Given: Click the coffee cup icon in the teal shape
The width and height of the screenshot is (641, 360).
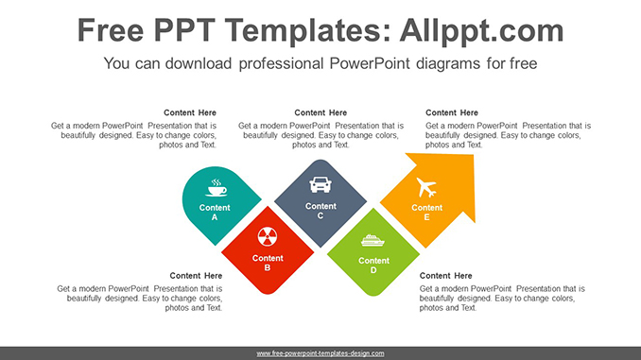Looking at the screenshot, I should [x=216, y=186].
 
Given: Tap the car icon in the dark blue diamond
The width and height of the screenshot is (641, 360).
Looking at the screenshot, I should [x=320, y=184].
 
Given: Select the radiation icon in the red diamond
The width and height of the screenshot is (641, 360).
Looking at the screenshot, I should [x=268, y=237].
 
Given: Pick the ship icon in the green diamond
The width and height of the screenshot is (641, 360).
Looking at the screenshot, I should [x=373, y=240].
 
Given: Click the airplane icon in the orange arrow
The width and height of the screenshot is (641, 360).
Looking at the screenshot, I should [x=424, y=186].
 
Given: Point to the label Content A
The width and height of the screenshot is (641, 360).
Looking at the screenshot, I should [x=215, y=213].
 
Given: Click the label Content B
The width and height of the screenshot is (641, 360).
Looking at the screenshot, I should [x=268, y=263].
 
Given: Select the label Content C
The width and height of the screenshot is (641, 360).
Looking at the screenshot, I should [x=320, y=211].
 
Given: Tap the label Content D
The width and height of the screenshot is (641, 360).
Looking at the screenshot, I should [x=373, y=266].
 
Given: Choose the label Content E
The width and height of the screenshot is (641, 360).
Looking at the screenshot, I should [x=426, y=213].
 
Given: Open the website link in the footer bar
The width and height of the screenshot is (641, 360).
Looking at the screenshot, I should [x=320, y=353].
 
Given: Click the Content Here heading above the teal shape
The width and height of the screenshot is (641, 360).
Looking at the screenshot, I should [x=190, y=113].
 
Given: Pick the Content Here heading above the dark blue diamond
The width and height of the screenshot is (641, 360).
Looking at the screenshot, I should [x=320, y=113].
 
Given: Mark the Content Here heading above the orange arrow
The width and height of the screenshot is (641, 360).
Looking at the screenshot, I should [x=452, y=113].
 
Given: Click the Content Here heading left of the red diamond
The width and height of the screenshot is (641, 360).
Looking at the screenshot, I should [x=196, y=276].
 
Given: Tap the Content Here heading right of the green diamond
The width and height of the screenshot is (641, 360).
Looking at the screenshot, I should [x=446, y=276].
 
